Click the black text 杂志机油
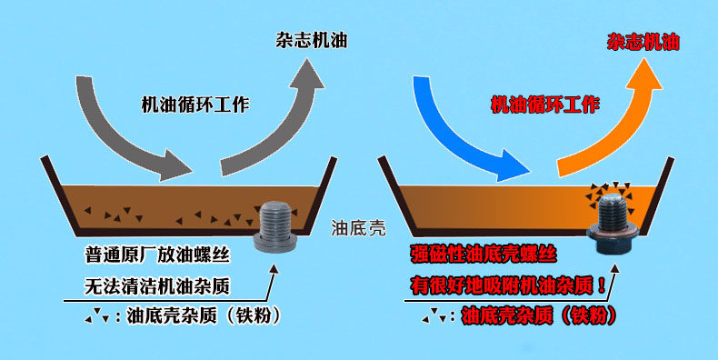312,40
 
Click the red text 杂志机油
643,42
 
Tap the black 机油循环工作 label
195,105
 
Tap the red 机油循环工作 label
545,105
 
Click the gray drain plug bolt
275,226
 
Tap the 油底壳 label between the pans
358,227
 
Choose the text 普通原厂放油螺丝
157,255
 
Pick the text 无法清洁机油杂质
157,286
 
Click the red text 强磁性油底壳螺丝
484,254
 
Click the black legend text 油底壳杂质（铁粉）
203,315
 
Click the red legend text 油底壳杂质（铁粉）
539,315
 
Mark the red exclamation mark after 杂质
602,286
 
